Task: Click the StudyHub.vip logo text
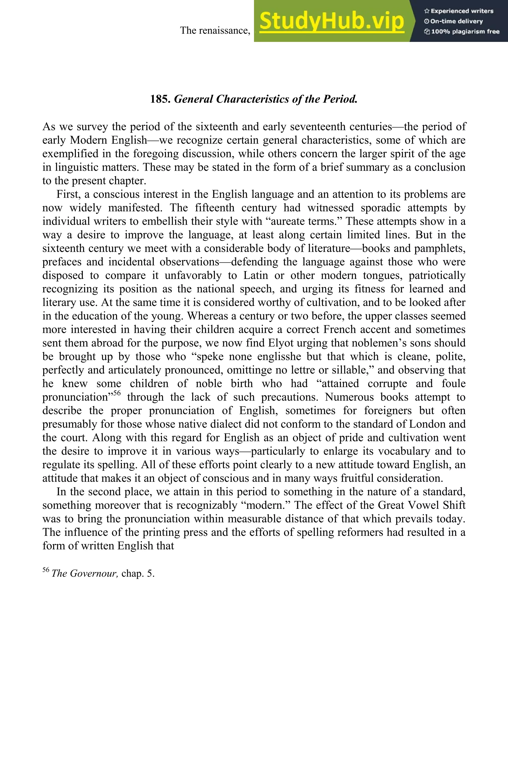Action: [331, 21]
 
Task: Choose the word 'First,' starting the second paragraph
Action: [68, 194]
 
